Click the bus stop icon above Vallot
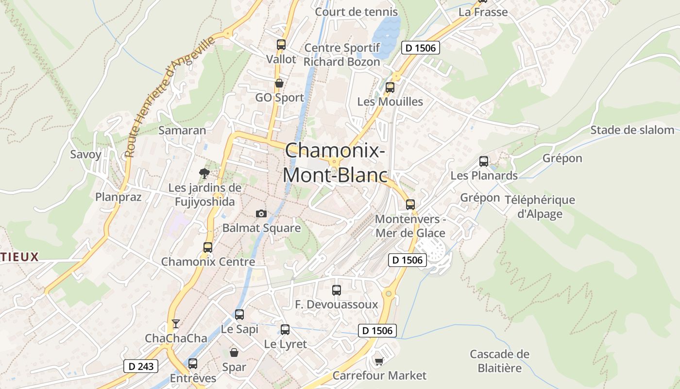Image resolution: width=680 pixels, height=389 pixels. (x=281, y=45)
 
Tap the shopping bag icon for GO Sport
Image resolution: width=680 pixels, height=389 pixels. (x=279, y=83)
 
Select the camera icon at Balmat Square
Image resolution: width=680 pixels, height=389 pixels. (x=261, y=213)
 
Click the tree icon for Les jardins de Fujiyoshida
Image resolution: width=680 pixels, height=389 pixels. (x=204, y=173)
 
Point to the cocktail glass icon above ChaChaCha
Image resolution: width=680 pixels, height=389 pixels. (x=176, y=323)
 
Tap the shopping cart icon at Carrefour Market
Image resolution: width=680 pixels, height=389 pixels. (x=379, y=361)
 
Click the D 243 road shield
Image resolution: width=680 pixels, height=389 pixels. (x=141, y=366)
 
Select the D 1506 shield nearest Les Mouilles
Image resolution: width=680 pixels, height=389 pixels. (x=421, y=48)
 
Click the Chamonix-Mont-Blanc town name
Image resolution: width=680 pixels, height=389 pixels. (x=335, y=162)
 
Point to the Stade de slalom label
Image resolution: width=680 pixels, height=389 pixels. (x=632, y=130)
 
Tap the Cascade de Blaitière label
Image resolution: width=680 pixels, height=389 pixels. (x=499, y=361)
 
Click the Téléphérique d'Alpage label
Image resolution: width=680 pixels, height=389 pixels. (x=540, y=207)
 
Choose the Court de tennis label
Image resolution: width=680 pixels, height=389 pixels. (x=357, y=12)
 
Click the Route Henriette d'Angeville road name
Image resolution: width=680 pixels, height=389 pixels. (x=170, y=97)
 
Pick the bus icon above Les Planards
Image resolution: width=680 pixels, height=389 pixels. (x=484, y=161)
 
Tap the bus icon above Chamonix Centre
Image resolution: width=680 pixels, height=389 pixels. (x=208, y=247)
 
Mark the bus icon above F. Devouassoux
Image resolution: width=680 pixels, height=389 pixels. (x=337, y=290)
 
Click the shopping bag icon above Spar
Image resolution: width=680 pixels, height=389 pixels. (x=234, y=352)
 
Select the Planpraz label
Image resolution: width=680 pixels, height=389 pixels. (x=119, y=197)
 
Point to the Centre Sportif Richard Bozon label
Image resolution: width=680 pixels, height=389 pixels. (x=341, y=55)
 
